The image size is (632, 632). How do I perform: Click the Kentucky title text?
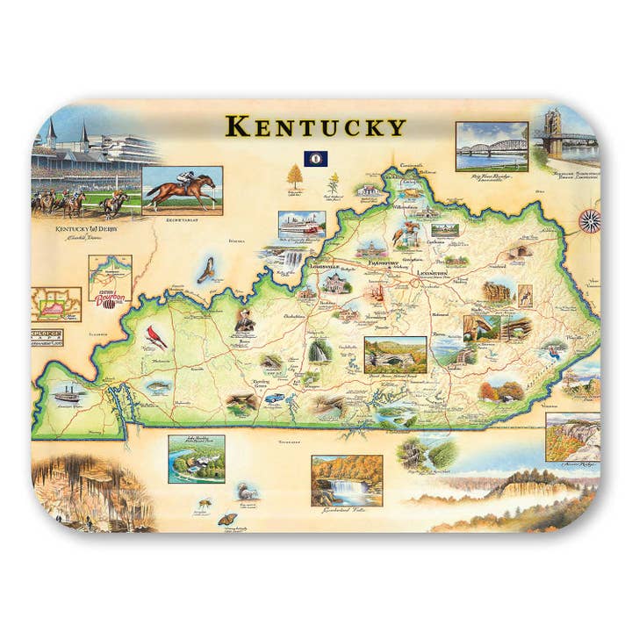pos(315,126)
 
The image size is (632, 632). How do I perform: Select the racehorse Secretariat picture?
pos(182,188)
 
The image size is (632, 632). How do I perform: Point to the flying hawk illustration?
pos(206,269)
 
